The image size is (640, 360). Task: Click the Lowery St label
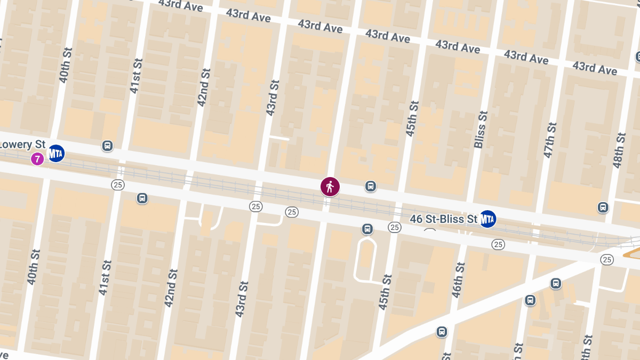[23, 145]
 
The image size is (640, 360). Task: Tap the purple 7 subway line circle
[37, 158]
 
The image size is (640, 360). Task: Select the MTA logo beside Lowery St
[55, 154]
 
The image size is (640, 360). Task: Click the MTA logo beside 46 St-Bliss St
[487, 219]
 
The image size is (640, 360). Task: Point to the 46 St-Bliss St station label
[444, 219]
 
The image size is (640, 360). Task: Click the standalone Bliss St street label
[481, 130]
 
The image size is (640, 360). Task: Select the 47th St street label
[550, 140]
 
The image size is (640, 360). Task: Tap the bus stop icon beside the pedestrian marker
[371, 186]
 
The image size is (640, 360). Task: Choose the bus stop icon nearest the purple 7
[108, 146]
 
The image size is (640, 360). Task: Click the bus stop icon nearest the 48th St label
[603, 207]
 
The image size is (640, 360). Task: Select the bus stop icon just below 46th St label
[442, 332]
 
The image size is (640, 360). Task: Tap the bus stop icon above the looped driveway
[367, 229]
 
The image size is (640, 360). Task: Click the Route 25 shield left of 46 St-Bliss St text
[394, 227]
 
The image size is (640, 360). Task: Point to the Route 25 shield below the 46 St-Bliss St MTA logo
[498, 244]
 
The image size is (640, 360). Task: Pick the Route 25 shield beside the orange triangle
[606, 259]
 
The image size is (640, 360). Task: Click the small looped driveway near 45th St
[365, 260]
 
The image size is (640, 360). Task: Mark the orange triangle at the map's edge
[632, 252]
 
